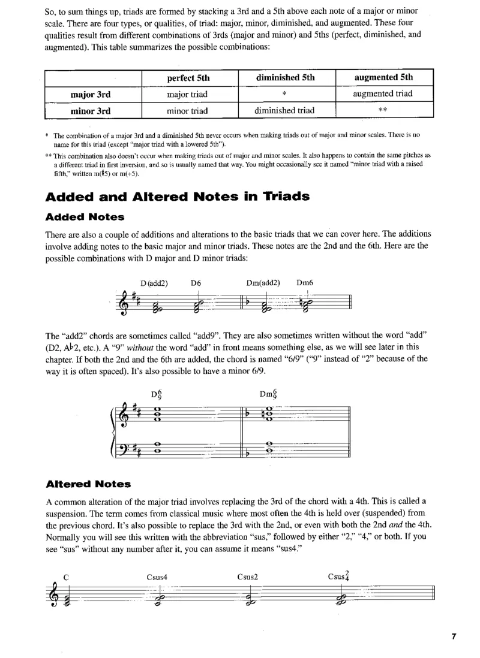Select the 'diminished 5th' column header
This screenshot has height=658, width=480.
point(285,78)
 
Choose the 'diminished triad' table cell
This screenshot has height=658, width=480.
point(285,110)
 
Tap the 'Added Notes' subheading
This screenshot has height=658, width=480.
point(85,216)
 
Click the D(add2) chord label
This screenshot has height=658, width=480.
point(155,282)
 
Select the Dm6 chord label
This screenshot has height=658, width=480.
point(305,282)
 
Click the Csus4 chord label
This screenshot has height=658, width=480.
point(157,578)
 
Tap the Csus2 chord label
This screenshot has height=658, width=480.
point(247,578)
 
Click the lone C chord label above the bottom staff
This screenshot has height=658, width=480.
point(67,578)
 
